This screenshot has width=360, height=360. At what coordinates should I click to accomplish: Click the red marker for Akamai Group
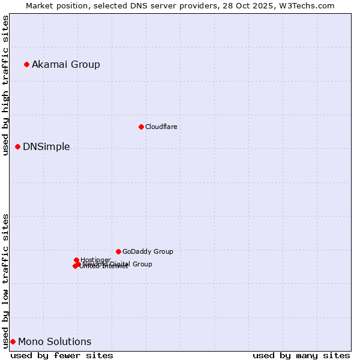coord(26,64)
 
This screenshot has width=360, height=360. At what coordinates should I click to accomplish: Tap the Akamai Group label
coord(66,64)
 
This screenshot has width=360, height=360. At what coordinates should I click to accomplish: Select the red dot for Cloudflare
coord(141,127)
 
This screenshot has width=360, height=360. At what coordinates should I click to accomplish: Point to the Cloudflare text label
coord(161,127)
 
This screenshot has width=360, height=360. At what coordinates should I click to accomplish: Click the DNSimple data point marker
coord(17,146)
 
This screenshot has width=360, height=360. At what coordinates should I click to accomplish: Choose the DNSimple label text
coord(46,146)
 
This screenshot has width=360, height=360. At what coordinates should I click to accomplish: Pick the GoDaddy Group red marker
coord(118,251)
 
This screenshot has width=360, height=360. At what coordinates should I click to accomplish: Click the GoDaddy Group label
coord(148,251)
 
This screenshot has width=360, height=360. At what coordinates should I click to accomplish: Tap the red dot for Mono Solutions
coord(13,341)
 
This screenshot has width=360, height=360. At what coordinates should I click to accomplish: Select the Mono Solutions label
coord(55,341)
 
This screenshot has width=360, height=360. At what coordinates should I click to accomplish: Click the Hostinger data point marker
coord(76,260)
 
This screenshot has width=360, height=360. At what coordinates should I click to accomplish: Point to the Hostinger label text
coord(95,260)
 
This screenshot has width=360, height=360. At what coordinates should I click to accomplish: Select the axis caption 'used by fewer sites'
coord(62,355)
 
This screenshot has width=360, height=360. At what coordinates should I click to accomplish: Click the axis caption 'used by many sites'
coord(301,355)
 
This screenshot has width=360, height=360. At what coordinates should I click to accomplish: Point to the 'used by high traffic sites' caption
coord(5,86)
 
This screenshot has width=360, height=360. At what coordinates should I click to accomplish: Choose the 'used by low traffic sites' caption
coord(5,280)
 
